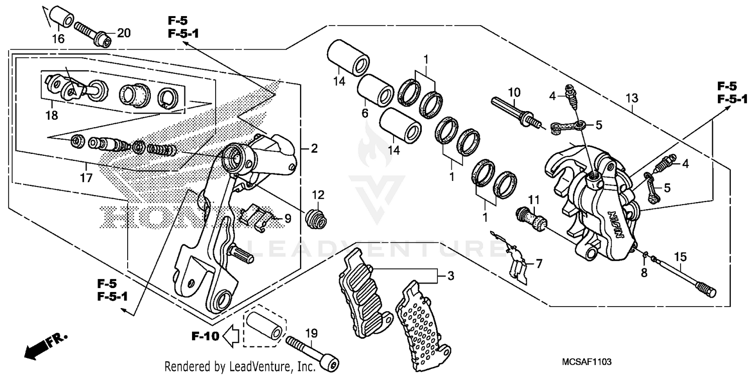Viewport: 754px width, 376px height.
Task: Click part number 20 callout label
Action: [x=124, y=33]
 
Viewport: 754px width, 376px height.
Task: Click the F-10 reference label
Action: [x=205, y=336]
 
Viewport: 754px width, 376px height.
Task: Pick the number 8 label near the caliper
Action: [x=644, y=273]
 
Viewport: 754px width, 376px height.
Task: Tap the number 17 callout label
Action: [x=86, y=177]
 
